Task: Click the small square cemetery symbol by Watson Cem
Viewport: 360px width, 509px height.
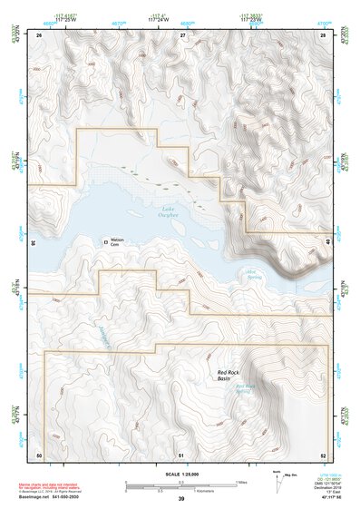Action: [x=102, y=240]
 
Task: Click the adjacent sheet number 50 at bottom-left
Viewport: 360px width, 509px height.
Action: [x=39, y=454]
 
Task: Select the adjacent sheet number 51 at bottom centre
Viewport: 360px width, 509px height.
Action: [x=181, y=454]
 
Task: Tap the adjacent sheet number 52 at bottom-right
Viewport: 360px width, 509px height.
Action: [x=323, y=454]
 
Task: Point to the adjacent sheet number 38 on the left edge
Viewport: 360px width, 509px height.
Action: [x=34, y=242]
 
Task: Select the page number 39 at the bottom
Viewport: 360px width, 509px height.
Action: [x=180, y=498]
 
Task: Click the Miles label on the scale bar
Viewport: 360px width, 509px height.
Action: [x=240, y=482]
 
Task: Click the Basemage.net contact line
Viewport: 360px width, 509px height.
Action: [x=54, y=496]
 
